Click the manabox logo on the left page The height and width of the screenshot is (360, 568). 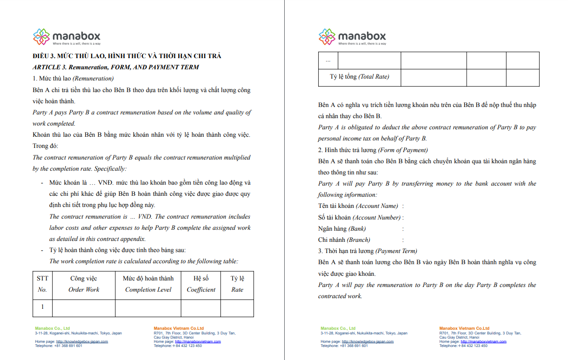(67, 37)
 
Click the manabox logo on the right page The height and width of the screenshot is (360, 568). (352, 37)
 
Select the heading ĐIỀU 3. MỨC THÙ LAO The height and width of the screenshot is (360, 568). (127, 56)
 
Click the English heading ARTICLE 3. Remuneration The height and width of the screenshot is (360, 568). (115, 67)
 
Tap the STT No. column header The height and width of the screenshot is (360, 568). (42, 284)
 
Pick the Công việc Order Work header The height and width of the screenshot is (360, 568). (84, 284)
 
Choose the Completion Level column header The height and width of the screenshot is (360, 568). (148, 284)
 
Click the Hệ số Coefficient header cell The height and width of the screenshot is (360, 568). (201, 284)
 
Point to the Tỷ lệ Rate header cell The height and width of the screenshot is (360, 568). (237, 284)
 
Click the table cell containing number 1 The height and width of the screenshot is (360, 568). (42, 307)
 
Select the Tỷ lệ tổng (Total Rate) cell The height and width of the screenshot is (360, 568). (360, 77)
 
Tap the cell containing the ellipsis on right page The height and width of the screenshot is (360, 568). (328, 60)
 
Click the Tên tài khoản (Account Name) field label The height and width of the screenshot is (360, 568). (358, 206)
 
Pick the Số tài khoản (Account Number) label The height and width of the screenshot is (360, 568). (359, 217)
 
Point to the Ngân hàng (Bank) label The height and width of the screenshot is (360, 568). (342, 228)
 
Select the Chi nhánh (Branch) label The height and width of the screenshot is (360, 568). (344, 240)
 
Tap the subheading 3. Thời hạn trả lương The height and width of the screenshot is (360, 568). (368, 251)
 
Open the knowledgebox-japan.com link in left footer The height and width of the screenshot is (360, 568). (82, 341)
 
